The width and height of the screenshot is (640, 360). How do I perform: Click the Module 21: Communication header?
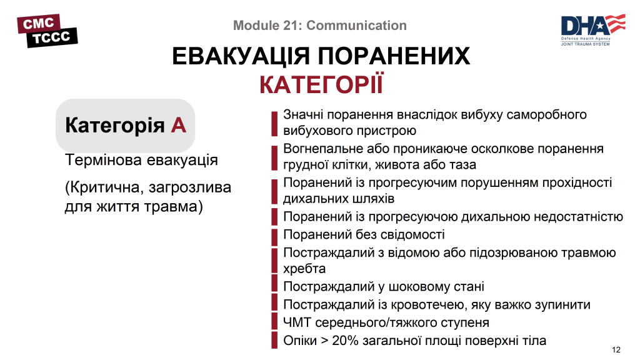(319, 26)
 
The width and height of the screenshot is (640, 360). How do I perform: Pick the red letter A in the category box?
(178, 125)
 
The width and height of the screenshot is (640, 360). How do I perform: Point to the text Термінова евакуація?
(141, 160)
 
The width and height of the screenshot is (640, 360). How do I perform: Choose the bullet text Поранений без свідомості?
(364, 235)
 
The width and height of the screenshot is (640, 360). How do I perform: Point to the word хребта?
(304, 269)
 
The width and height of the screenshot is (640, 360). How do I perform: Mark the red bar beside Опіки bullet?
(274, 341)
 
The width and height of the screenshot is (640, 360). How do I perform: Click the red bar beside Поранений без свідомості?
(274, 236)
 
